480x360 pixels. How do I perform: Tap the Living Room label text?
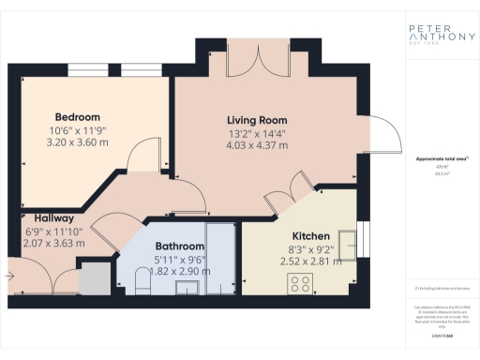[x=257, y=120]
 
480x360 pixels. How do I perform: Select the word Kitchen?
[x=309, y=236]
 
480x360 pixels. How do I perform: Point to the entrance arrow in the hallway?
[x=8, y=277]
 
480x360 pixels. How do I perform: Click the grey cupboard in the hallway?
[x=92, y=279]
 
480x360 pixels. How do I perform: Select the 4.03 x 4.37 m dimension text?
[x=257, y=144]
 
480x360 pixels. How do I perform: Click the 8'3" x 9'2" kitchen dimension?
[x=309, y=250]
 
